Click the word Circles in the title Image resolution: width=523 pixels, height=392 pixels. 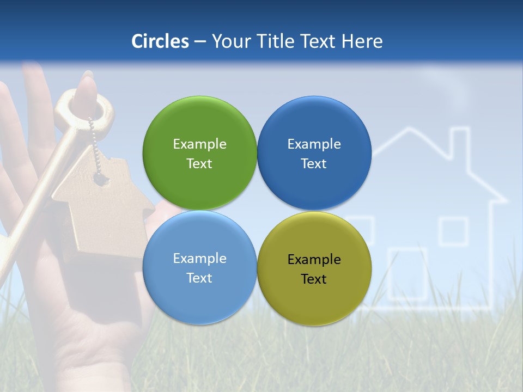(160, 41)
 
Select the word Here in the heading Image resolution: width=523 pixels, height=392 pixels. (362, 41)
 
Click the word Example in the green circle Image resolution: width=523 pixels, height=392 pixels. (199, 144)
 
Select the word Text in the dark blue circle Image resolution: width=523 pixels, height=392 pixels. (314, 164)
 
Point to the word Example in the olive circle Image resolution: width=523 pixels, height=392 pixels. (314, 260)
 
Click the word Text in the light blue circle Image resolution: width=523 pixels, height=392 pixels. (199, 278)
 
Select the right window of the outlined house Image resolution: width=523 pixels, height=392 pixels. (453, 231)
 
